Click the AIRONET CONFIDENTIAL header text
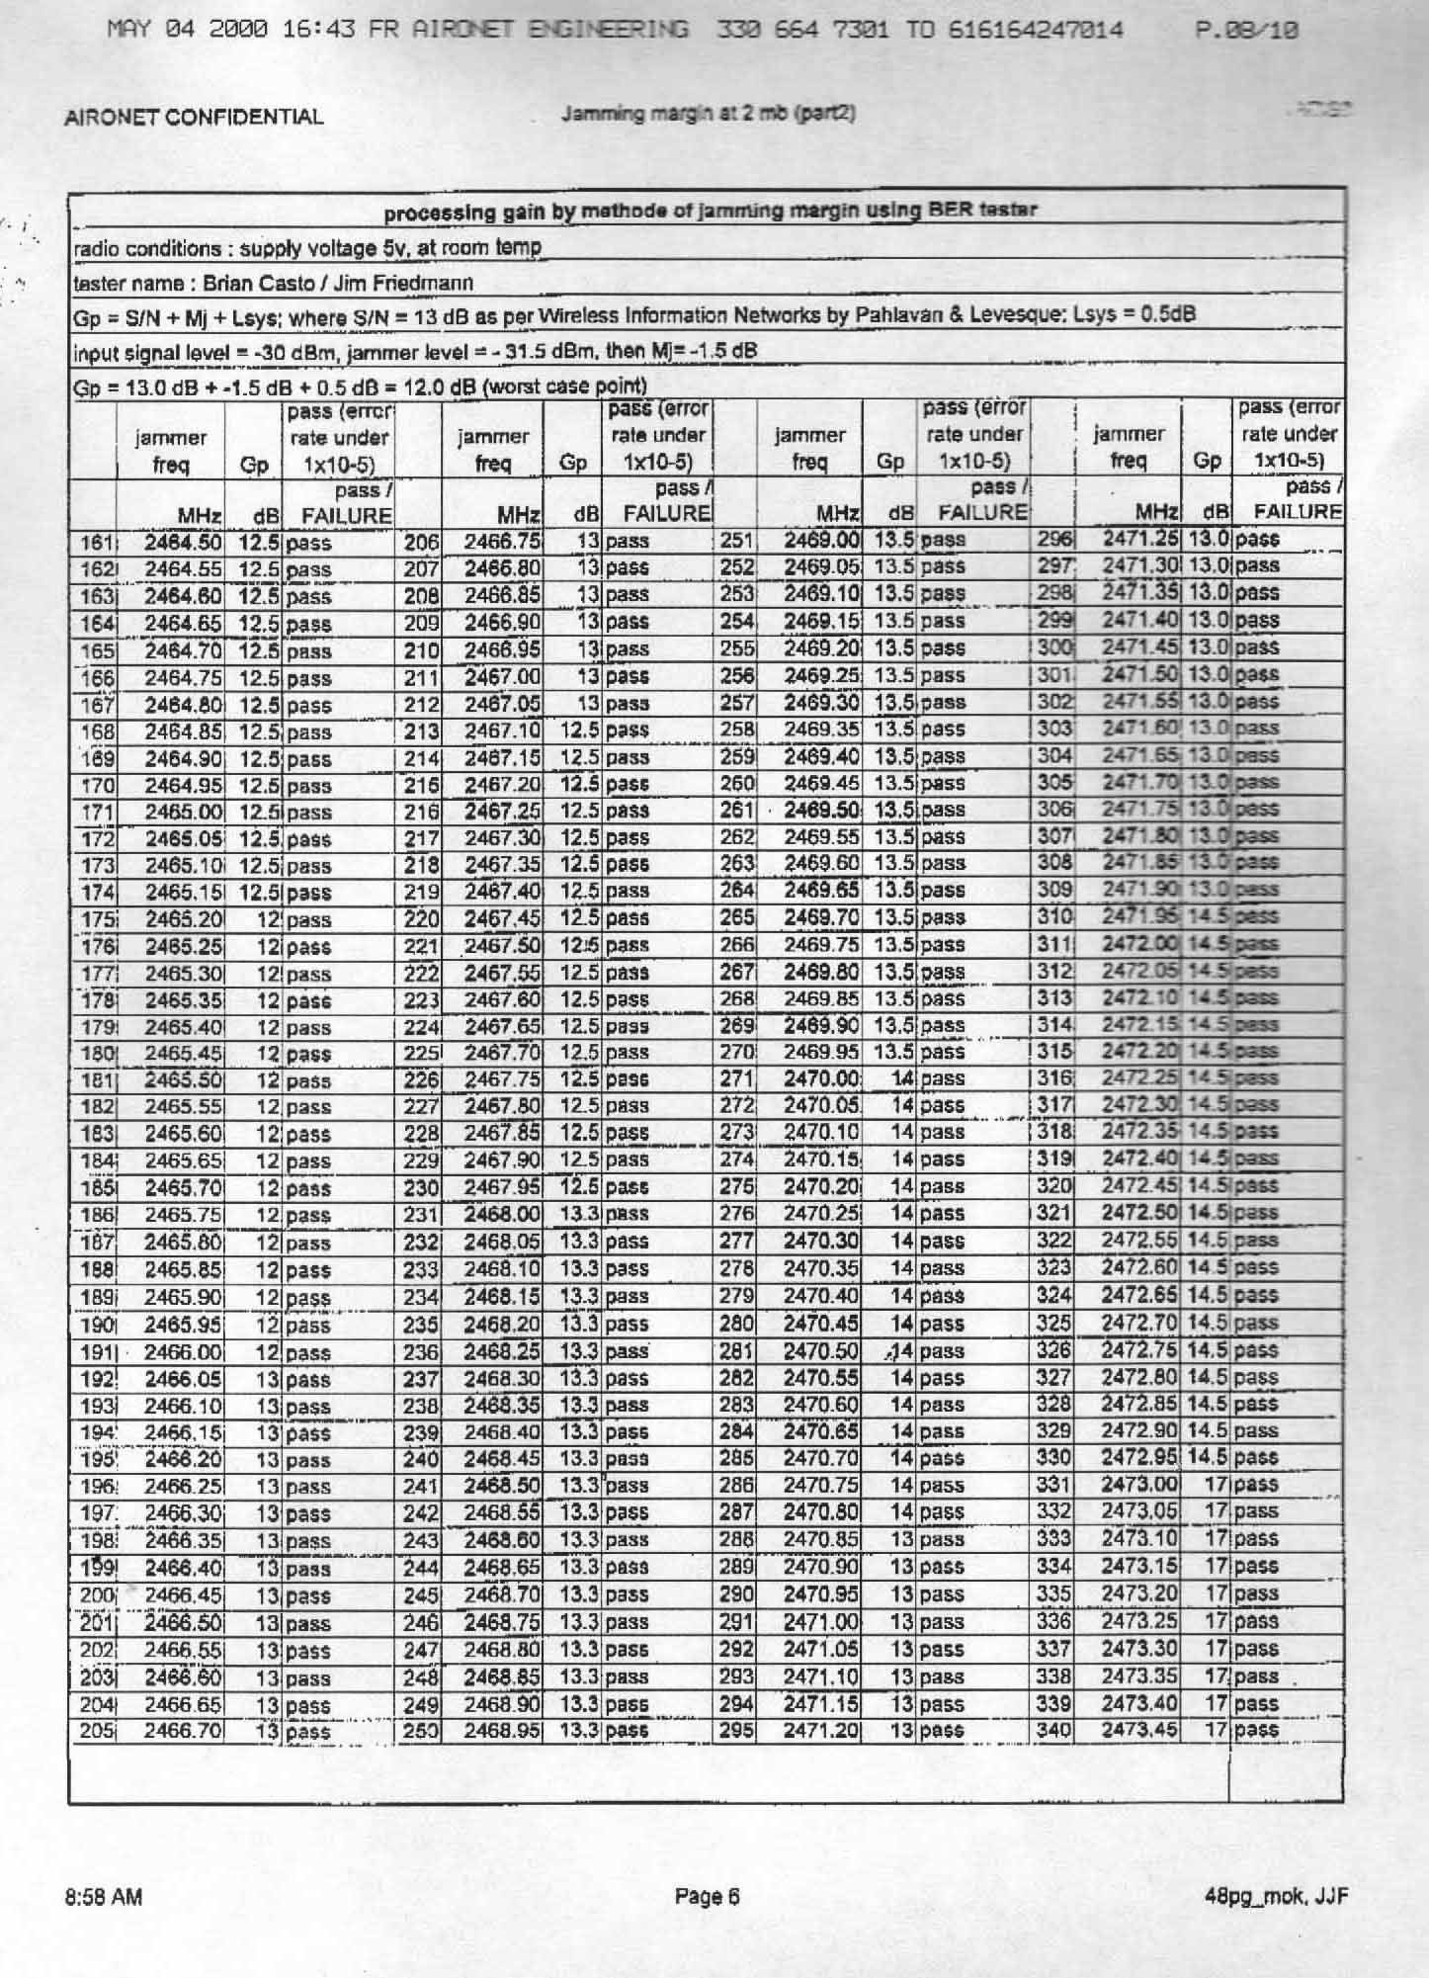pos(194,117)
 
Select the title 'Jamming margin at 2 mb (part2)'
pos(708,113)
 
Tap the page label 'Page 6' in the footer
pos(707,1896)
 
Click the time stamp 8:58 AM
pos(104,1897)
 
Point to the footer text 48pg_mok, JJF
pos(1276,1896)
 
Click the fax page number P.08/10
pos(1246,31)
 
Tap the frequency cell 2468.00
pos(502,1214)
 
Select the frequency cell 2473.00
pos(1140,1484)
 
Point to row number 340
pos(1053,1730)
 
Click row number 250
pos(421,1731)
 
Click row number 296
pos(1051,540)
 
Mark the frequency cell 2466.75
pos(502,541)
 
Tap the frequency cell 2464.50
pos(184,542)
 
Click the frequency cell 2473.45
pos(1140,1730)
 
